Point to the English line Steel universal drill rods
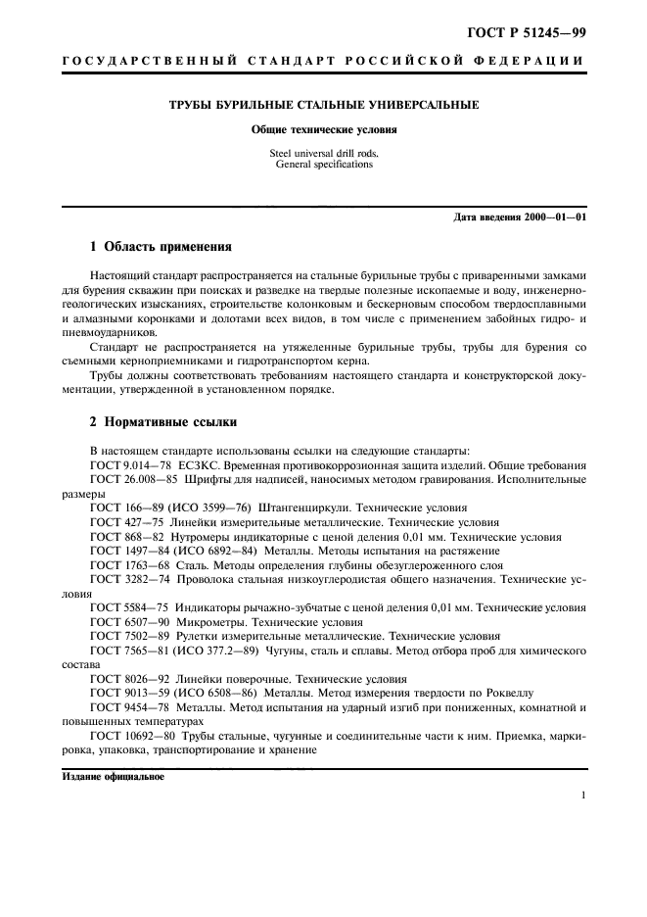(323, 153)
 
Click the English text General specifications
(323, 165)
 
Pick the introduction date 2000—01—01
(555, 217)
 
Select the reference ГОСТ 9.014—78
(131, 465)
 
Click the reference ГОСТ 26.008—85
(135, 480)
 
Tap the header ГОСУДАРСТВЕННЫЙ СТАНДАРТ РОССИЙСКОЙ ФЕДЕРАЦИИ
(323, 64)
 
